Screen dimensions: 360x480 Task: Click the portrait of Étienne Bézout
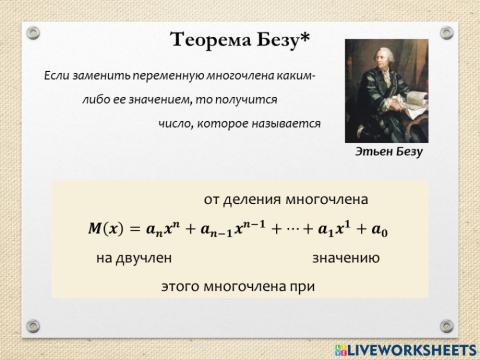coord(385,92)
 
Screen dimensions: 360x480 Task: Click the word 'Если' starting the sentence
coord(58,76)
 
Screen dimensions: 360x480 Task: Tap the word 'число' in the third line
coord(175,124)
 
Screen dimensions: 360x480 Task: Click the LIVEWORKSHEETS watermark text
coord(407,347)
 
